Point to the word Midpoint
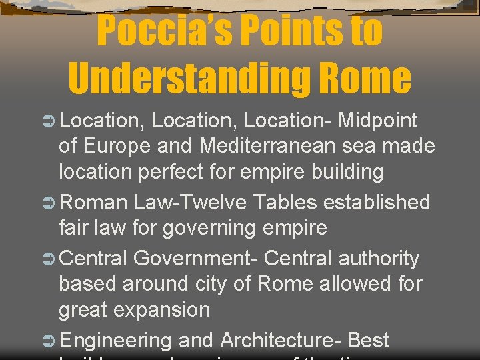378,121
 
